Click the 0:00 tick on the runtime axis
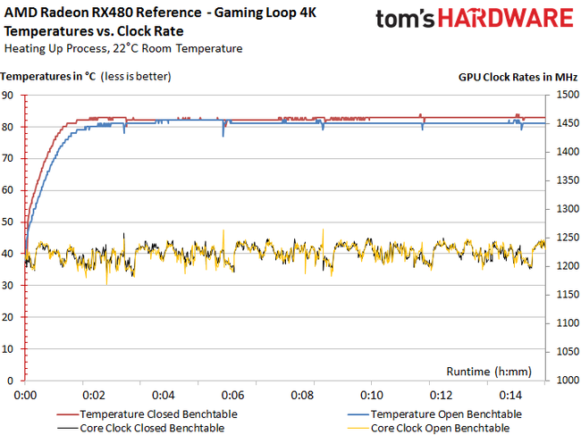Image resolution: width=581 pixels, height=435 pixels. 25,394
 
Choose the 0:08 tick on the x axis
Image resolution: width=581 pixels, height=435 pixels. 302,394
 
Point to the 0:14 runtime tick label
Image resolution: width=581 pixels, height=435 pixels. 509,394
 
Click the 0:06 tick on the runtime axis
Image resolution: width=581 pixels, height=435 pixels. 232,394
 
